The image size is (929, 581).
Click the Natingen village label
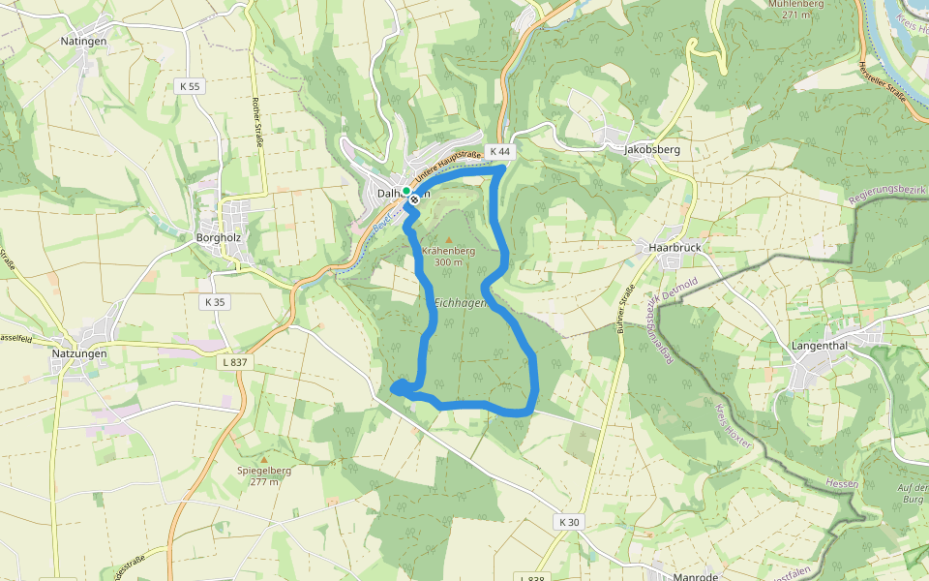pos(83,42)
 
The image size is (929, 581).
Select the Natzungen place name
pos(79,354)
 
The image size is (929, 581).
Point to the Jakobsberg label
pos(652,150)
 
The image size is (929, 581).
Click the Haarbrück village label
pos(674,248)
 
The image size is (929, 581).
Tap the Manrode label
pos(696,576)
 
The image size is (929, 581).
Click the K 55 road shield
pos(190,86)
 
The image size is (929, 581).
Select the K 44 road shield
pos(499,152)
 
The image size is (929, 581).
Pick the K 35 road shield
pos(215,302)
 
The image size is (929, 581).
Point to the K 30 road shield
pos(569,522)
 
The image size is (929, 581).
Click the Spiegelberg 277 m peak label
pos(264,475)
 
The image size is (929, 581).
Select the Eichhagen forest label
pos(460,303)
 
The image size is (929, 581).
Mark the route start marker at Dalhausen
pos(415,199)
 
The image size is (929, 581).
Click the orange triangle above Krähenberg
pos(448,236)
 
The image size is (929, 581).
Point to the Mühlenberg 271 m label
pos(794,8)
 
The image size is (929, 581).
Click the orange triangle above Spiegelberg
pos(264,459)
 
